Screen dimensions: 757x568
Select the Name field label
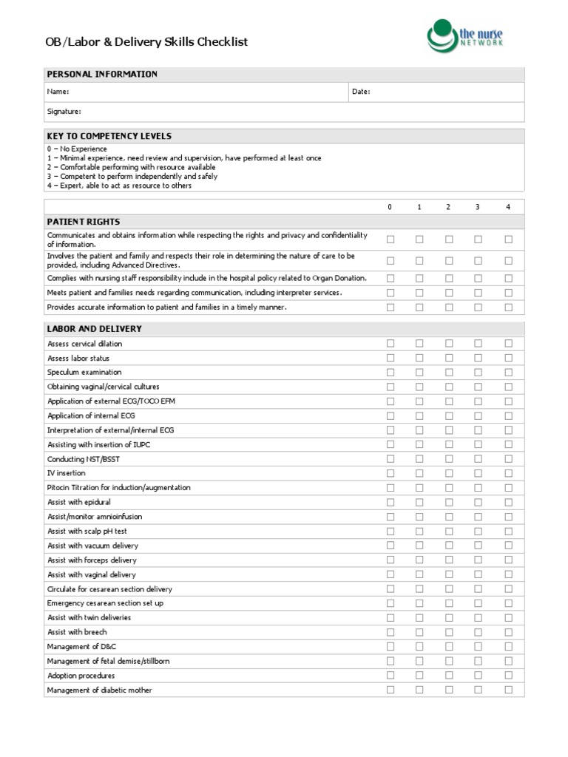click(x=58, y=92)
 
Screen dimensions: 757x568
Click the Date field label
click(x=361, y=92)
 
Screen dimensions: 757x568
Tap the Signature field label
click(x=64, y=112)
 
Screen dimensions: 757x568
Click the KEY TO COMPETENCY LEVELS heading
click(x=109, y=136)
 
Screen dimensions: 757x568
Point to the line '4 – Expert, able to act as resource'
click(x=119, y=186)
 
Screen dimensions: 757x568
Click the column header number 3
click(x=478, y=207)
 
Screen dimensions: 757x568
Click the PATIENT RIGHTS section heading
click(x=83, y=222)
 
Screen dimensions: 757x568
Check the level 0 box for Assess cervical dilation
click(x=390, y=344)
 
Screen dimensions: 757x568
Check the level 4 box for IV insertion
click(x=508, y=473)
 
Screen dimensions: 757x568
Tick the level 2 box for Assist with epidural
click(x=449, y=502)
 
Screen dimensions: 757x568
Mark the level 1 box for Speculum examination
click(x=419, y=373)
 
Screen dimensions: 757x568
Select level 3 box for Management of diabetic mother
click(x=478, y=690)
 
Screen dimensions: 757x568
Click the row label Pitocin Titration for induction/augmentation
click(x=118, y=488)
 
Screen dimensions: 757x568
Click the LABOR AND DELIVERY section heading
click(x=94, y=328)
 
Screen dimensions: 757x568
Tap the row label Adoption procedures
click(x=81, y=676)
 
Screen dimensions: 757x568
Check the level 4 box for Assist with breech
click(x=508, y=632)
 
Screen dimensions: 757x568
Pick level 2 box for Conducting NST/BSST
click(x=449, y=459)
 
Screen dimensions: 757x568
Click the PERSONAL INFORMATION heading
click(x=102, y=74)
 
